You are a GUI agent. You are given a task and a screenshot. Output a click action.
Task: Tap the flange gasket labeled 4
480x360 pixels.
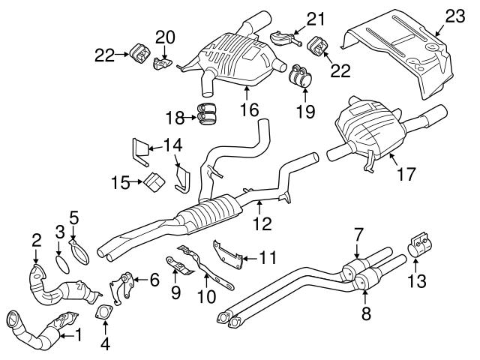[104, 312]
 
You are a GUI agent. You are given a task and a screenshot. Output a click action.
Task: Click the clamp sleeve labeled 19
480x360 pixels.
[300, 78]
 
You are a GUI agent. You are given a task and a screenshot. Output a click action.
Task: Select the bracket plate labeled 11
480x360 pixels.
[229, 253]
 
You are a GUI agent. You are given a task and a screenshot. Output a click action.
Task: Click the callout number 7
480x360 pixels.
[358, 234]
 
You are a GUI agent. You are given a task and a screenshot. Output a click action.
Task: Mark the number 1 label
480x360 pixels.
[77, 337]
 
